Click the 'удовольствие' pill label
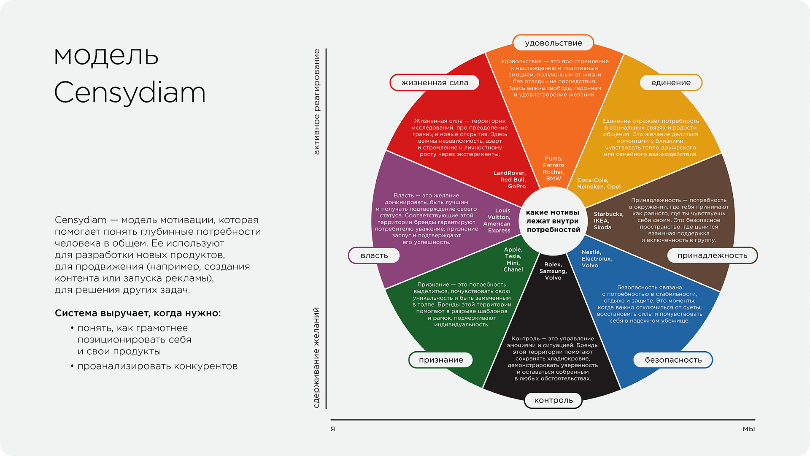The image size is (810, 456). point(553,43)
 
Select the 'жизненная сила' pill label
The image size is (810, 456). point(435,83)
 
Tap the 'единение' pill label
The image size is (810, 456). point(671,83)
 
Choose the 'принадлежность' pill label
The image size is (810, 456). point(712,255)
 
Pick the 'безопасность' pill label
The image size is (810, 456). point(673,360)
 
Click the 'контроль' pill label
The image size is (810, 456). point(553,401)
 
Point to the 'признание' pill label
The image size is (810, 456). point(441,360)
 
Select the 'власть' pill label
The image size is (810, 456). point(374,255)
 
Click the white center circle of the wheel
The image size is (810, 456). point(553,221)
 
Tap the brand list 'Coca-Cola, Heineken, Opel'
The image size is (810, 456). point(599,183)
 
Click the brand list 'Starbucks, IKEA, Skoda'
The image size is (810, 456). point(608,221)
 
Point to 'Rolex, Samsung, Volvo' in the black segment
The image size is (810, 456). point(553,271)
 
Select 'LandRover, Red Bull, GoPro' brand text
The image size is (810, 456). point(510,179)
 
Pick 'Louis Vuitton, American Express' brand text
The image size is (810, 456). point(497,220)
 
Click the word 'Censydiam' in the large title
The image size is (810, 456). point(130,93)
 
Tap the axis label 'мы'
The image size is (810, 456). point(748,429)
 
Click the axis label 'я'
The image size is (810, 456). point(333,429)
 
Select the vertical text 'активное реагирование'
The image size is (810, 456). point(316,102)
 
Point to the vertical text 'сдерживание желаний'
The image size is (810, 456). point(316,358)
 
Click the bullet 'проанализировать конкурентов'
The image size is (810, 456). point(157,366)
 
